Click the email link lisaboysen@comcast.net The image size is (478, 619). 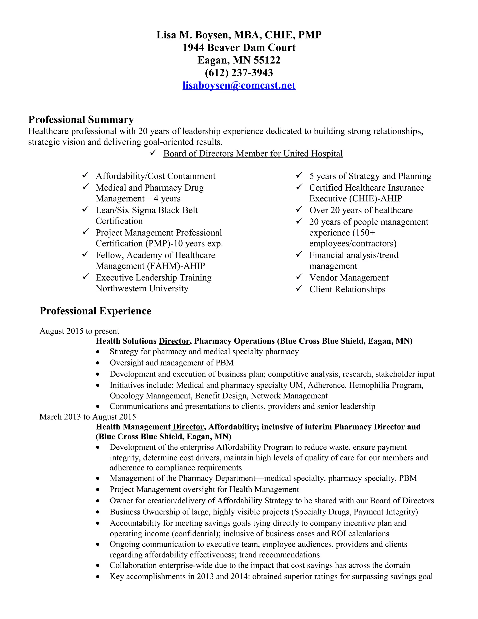[x=239, y=85]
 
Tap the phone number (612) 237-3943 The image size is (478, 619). [x=239, y=73]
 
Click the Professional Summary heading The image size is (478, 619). [x=81, y=119]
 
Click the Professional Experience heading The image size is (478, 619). [x=95, y=311]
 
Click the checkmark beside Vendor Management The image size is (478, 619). [x=299, y=277]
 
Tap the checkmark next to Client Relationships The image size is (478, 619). [x=299, y=288]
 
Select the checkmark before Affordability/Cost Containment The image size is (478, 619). [x=85, y=175]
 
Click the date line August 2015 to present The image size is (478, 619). [x=79, y=331]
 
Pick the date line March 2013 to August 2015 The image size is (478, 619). [x=88, y=417]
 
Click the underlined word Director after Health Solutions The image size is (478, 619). [x=174, y=341]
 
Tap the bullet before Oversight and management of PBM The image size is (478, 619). [x=98, y=363]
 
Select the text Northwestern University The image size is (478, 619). [x=142, y=288]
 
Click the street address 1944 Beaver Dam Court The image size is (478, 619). [x=239, y=48]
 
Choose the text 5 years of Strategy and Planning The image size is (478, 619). [x=370, y=176]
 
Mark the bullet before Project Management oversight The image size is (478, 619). [x=98, y=490]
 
